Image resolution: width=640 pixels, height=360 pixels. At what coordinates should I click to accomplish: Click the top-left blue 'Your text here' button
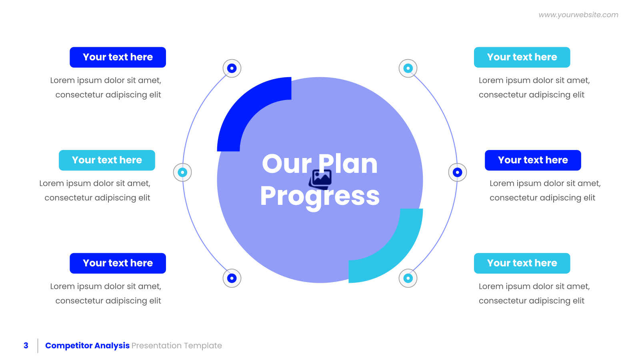coord(118,57)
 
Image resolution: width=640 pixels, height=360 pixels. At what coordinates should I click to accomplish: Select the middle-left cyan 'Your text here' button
coord(107,160)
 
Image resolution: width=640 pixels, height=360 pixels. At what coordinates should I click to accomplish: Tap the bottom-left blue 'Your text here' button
coord(118,263)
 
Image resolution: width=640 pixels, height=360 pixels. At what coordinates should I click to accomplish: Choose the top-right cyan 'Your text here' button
coord(522,57)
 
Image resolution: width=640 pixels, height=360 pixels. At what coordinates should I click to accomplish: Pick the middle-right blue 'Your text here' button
coord(533,160)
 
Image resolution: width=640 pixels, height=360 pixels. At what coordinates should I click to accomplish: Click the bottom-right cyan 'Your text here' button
coord(522,263)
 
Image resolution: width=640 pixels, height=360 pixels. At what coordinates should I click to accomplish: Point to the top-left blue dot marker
coord(232,68)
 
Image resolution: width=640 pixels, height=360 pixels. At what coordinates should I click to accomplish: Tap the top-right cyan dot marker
coord(408,68)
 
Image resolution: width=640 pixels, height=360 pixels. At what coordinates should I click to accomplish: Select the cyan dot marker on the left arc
coord(182,172)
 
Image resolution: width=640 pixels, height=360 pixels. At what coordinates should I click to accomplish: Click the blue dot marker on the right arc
coord(458,172)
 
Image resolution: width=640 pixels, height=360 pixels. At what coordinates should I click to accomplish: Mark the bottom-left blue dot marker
coord(232,278)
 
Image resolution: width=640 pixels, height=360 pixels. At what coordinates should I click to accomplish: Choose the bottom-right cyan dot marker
coord(408,278)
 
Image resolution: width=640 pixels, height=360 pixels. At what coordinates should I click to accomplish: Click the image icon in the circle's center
coord(320,179)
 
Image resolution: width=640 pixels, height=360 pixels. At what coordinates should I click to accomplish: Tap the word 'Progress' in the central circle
coord(320,196)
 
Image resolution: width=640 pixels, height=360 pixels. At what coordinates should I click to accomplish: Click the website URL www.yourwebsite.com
coord(578,15)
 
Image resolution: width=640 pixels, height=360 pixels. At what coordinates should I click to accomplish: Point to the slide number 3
coord(26,346)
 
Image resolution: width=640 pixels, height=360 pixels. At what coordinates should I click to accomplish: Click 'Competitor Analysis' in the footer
coord(88,346)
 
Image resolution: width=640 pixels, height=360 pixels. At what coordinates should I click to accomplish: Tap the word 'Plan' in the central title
coord(348,164)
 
